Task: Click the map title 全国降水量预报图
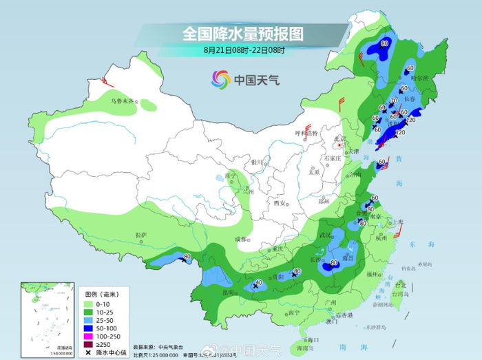click(x=242, y=33)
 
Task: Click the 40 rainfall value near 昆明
click(x=259, y=283)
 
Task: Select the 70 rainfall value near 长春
click(x=393, y=101)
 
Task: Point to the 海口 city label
click(x=314, y=339)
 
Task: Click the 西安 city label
click(x=279, y=202)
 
